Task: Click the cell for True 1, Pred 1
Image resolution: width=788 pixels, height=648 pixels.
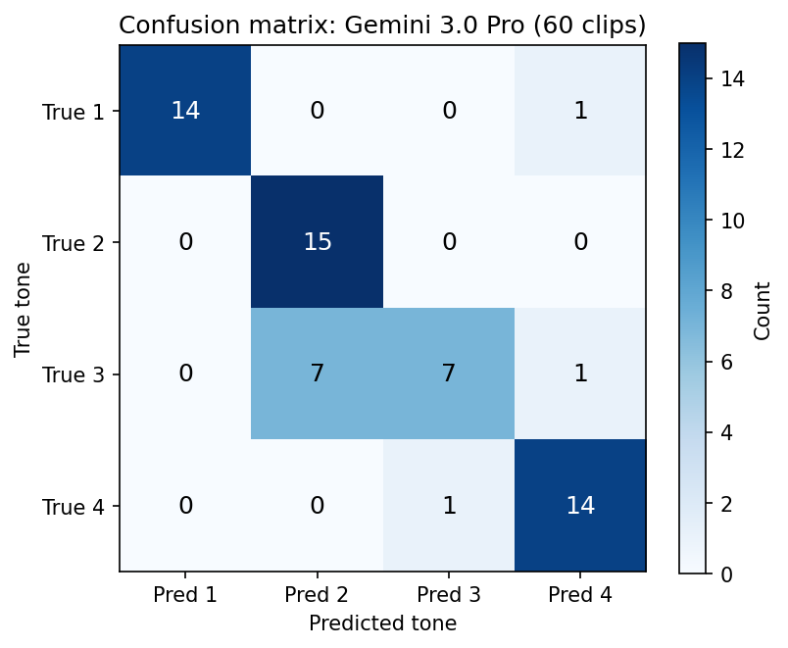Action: coord(185,111)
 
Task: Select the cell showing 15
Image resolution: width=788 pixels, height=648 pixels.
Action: coord(317,242)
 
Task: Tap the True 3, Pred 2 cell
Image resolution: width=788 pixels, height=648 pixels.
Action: coord(317,374)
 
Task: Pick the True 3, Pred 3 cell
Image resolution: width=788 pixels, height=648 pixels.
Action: coord(449,374)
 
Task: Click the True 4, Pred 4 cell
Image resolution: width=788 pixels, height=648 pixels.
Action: coord(580,506)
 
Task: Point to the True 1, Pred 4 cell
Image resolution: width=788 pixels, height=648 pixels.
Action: coord(580,111)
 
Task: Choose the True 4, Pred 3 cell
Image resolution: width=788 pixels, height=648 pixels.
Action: coord(449,506)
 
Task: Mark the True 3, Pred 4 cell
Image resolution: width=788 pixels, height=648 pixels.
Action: coord(580,374)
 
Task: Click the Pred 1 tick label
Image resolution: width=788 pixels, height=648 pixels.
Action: coord(185,594)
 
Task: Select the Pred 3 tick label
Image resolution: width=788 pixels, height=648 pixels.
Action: coord(449,594)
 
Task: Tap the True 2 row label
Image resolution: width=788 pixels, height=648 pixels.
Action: coord(72,242)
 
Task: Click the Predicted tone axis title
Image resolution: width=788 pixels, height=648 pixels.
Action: coord(382,623)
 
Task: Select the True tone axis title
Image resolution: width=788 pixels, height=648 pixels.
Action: coord(23,308)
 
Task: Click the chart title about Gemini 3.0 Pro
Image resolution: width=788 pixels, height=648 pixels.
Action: coord(382,25)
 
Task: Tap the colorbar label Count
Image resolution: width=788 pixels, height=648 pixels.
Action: coord(763,308)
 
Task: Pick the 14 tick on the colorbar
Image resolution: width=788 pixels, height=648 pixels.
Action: coord(731,79)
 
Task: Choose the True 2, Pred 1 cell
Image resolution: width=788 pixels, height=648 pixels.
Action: coord(185,242)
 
